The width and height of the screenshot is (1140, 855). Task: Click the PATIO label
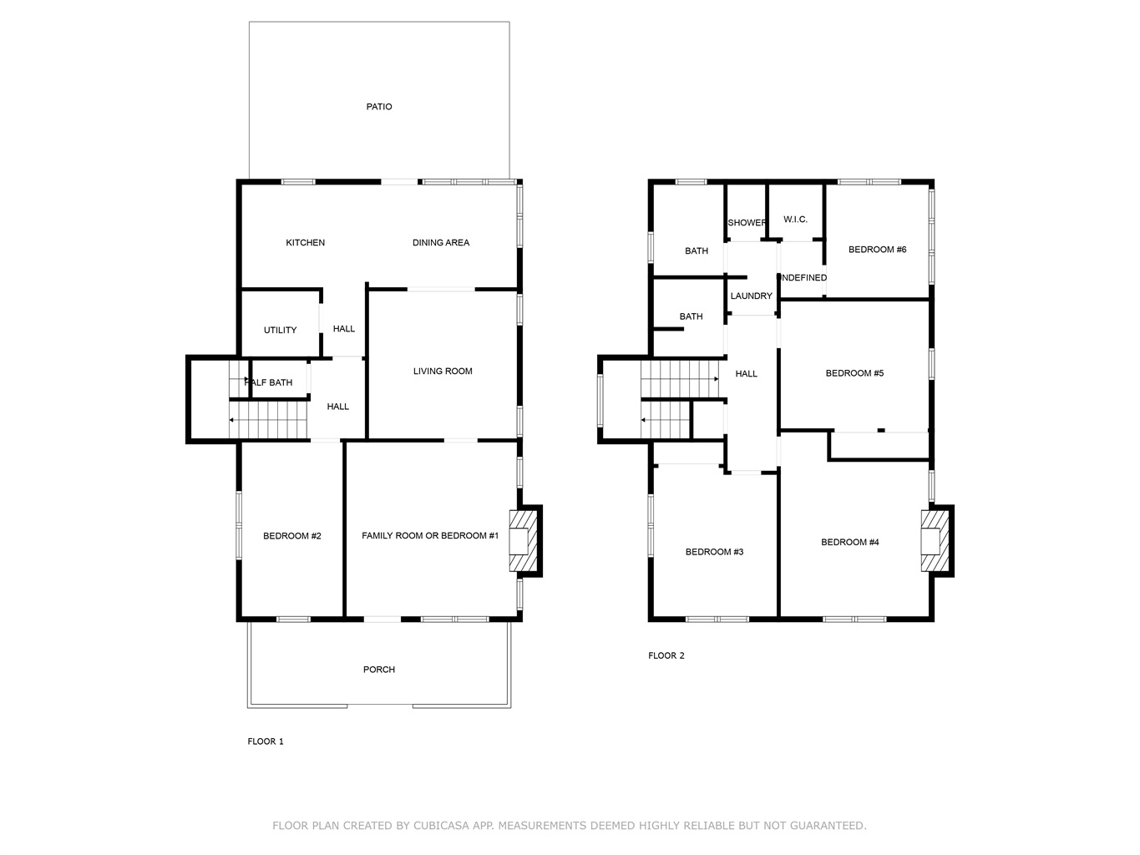(x=378, y=106)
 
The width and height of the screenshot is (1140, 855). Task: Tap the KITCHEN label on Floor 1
(x=305, y=242)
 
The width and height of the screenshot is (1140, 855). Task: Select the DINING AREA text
(x=440, y=242)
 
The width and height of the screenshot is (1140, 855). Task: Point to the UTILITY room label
(x=280, y=330)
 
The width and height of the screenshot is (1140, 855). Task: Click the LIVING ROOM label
(x=443, y=371)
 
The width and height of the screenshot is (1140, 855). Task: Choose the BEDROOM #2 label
(x=291, y=536)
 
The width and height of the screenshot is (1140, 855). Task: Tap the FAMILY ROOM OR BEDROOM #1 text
(x=430, y=535)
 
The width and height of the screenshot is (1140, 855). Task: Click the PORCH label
(x=378, y=669)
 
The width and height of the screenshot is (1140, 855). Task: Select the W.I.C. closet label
(x=795, y=220)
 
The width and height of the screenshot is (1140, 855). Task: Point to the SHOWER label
(x=747, y=223)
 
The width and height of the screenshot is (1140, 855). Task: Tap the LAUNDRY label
(x=751, y=296)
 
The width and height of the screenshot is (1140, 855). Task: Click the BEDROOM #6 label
(x=877, y=249)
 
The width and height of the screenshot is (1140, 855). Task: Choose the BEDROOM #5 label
(x=854, y=372)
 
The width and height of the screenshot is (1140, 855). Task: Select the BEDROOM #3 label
(x=714, y=551)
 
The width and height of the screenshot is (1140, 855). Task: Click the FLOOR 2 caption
(x=666, y=655)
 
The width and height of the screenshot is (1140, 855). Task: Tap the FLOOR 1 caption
(x=266, y=741)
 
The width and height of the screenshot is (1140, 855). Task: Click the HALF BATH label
(x=269, y=382)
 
